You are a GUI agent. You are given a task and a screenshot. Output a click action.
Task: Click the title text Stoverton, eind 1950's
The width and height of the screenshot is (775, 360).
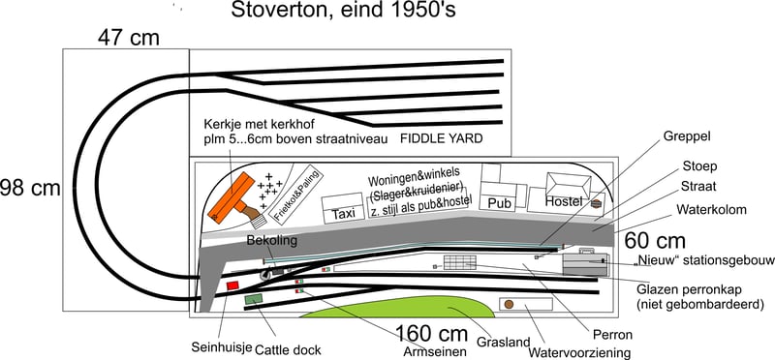coord(343,13)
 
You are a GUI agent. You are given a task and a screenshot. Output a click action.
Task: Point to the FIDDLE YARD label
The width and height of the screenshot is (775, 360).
coord(441,139)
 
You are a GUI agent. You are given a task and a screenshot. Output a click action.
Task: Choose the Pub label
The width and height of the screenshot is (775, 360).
coord(500,204)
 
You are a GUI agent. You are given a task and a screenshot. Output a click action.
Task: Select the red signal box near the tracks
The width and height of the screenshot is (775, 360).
coord(232,285)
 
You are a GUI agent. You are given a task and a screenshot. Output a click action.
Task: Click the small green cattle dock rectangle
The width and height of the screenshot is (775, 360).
coord(255,300)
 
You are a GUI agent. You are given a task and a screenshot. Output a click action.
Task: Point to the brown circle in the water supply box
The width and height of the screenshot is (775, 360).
coord(507,305)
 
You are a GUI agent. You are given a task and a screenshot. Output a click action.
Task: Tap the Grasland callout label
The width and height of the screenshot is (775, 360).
coord(503,342)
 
